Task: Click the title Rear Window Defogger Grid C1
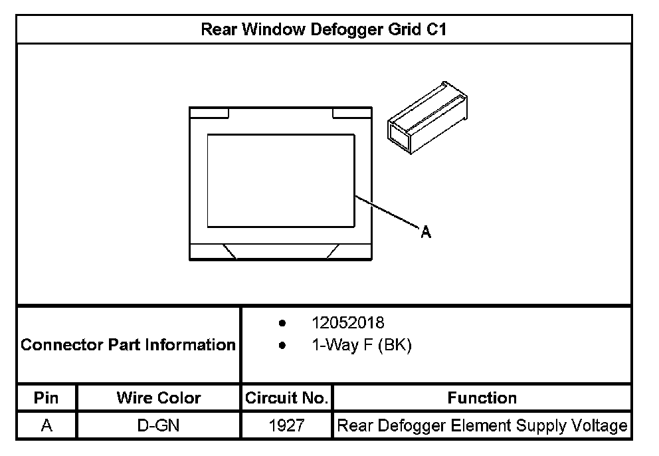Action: tap(327, 30)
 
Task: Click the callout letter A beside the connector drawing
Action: tap(426, 231)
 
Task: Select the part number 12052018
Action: tap(347, 323)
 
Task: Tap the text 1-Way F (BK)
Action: tap(361, 346)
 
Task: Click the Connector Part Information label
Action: tap(128, 345)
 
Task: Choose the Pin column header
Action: tap(47, 398)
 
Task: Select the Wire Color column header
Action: tap(158, 398)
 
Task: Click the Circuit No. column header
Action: tap(286, 398)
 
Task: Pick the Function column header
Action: tap(482, 398)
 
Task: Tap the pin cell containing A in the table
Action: tap(47, 425)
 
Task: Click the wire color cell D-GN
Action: tap(158, 425)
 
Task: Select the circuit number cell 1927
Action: tap(286, 425)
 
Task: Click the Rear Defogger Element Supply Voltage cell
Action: tap(482, 425)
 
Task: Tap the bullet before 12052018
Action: tap(283, 324)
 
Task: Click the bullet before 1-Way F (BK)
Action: tap(283, 346)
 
